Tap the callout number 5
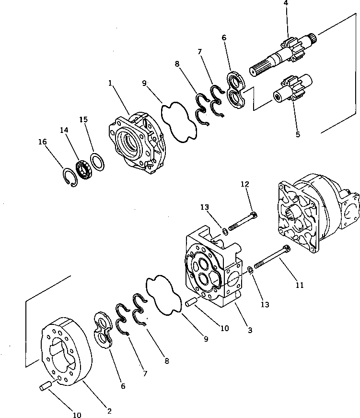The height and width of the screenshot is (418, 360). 298,134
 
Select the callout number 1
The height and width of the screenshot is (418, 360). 111,83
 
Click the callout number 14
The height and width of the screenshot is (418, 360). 64,130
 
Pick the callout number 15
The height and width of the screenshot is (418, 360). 83,119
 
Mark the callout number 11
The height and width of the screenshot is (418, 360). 300,285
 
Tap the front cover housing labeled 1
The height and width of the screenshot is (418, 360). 135,142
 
